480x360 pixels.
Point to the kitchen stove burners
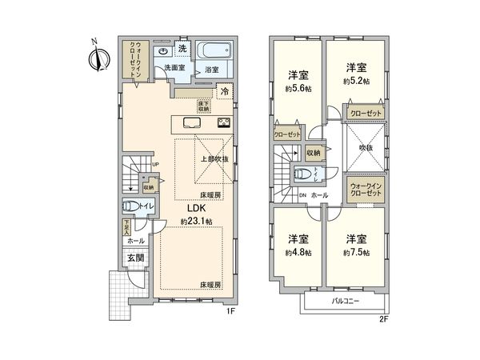225,122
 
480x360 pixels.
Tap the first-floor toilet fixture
130,206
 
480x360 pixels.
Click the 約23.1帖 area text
195,221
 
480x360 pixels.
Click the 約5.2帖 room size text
357,80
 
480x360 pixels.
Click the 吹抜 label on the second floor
365,146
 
